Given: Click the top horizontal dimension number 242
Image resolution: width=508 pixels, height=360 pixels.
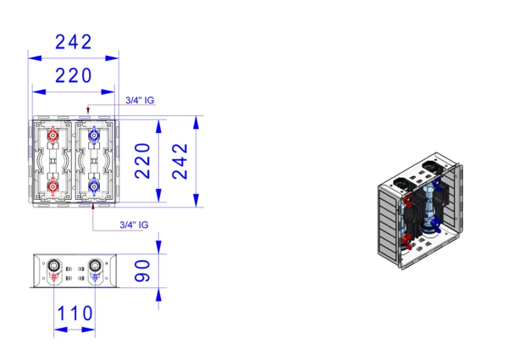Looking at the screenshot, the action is pos(74,42).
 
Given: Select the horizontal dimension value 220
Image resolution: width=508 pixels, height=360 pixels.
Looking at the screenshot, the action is pos(74,75).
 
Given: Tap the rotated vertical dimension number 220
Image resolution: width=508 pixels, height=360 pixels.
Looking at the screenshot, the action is pos(142,161).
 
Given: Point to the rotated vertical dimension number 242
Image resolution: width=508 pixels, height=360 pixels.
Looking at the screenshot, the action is pos(179,162).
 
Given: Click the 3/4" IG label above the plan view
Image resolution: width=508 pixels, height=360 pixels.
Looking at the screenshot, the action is pos(140,101).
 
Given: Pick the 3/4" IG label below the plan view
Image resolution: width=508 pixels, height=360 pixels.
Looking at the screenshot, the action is pos(134,224).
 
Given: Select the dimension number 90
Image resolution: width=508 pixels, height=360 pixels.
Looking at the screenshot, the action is pos(142,270).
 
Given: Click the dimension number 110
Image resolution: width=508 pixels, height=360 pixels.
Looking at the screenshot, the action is pos(75,313).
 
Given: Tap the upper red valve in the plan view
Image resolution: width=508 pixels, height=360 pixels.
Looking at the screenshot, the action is pos(52,135).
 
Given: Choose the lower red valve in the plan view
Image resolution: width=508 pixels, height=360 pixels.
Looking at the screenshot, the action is pos(52,186).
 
